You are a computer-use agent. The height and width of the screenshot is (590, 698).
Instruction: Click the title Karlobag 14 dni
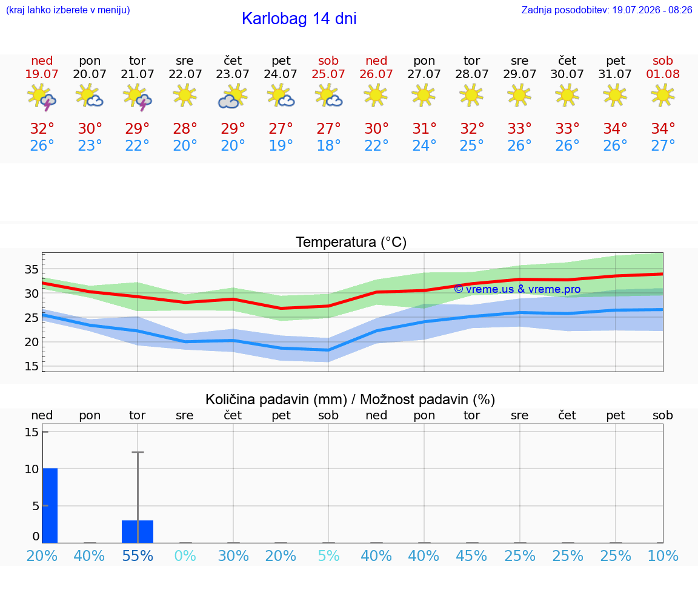coord(299,19)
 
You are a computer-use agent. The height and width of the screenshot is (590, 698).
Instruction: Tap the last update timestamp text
coord(607,10)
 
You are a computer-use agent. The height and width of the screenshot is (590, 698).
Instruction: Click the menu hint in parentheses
coord(68,10)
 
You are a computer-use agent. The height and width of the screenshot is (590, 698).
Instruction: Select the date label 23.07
coord(233,74)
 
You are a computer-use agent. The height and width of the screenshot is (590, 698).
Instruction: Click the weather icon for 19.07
coord(41,97)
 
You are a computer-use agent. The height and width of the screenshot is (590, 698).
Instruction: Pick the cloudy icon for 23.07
coord(233,96)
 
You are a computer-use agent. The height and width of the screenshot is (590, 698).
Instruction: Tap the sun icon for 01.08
coord(662,95)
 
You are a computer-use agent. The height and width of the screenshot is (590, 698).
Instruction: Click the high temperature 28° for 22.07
coord(185,128)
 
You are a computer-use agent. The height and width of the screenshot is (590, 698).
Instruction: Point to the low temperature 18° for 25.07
coord(328,145)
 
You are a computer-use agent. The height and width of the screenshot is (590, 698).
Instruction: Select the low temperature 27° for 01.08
coord(663,145)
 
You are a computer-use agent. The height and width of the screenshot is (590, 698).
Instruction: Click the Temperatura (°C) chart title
coord(351,242)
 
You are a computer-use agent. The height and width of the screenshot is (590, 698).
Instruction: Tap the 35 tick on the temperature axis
coord(32,269)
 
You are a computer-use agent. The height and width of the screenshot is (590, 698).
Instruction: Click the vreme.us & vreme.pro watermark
coord(517,289)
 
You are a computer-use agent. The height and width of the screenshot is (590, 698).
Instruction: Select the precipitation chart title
coord(350,399)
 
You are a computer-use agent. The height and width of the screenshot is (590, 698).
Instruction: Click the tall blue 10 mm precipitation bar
coord(50,505)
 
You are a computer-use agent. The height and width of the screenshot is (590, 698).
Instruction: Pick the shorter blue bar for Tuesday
coord(138,532)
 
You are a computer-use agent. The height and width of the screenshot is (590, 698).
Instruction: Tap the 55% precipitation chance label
coord(138,556)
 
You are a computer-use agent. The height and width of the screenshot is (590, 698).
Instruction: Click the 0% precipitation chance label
coord(185,556)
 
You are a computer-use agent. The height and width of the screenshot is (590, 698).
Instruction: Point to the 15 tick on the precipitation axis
coord(32,431)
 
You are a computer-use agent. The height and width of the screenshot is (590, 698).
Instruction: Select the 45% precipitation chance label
coord(471,556)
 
